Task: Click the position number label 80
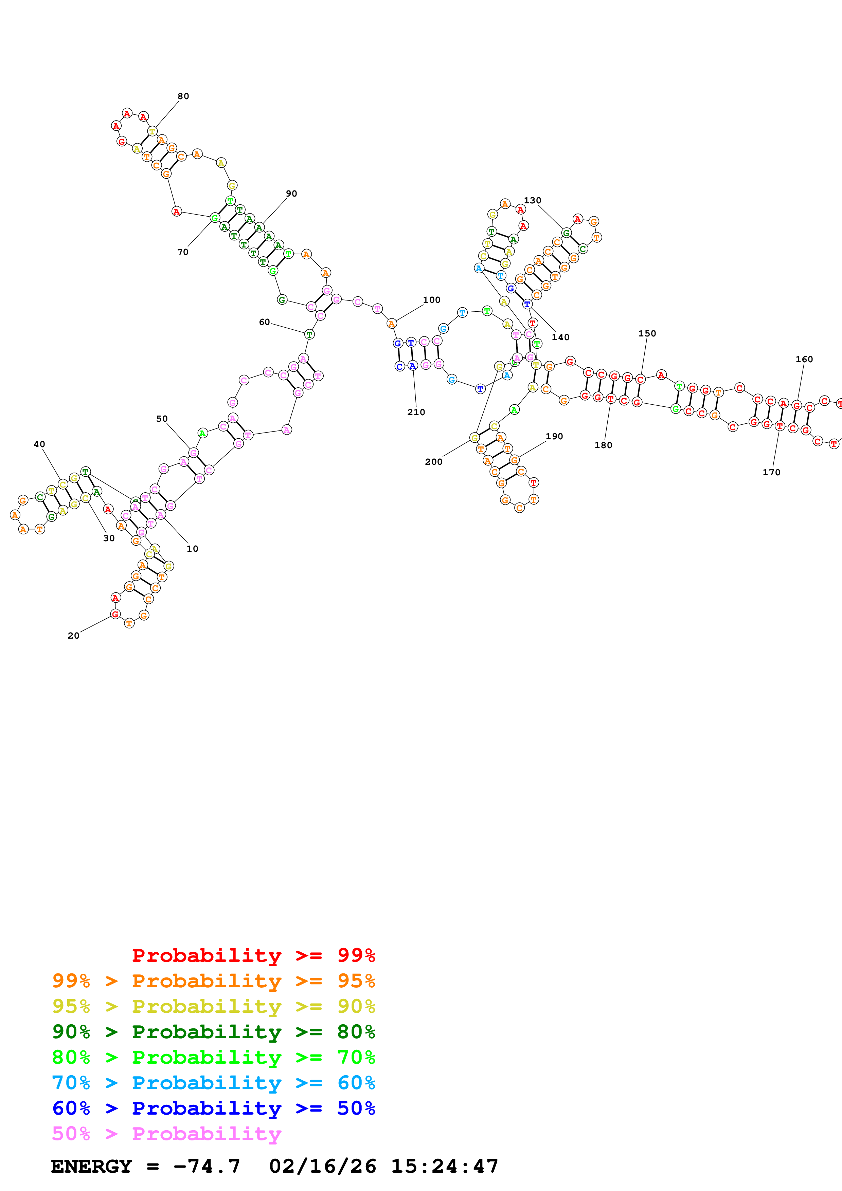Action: pyautogui.click(x=183, y=96)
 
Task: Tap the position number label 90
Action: pyautogui.click(x=291, y=194)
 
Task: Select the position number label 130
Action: pyautogui.click(x=532, y=201)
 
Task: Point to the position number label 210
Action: pyautogui.click(x=416, y=413)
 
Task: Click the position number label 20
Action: pyautogui.click(x=74, y=636)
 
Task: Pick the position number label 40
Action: pyautogui.click(x=39, y=444)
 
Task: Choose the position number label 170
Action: pyautogui.click(x=771, y=473)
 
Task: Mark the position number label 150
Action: pyautogui.click(x=647, y=333)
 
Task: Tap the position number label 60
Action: pyautogui.click(x=265, y=322)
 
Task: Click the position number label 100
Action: pyautogui.click(x=432, y=300)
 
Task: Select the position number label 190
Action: pyautogui.click(x=554, y=437)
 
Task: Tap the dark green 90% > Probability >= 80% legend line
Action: pyautogui.click(x=213, y=1032)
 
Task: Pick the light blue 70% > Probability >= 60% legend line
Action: pyautogui.click(x=213, y=1083)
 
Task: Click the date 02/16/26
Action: pyautogui.click(x=323, y=1166)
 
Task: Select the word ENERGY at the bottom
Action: pyautogui.click(x=91, y=1166)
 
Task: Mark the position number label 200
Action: pyautogui.click(x=434, y=462)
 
